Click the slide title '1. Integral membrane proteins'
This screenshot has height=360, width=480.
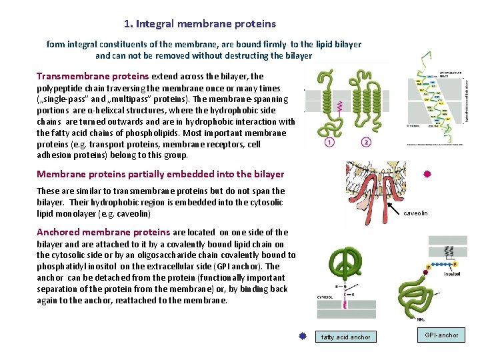point(199,24)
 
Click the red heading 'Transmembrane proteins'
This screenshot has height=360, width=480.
point(93,77)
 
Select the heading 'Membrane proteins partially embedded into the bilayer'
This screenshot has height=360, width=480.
point(160,174)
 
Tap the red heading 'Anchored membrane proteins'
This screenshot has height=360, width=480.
point(103,232)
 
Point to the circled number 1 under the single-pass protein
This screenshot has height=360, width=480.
point(329,142)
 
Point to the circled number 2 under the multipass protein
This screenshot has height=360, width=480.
point(366,142)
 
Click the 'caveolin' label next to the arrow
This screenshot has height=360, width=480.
point(416,213)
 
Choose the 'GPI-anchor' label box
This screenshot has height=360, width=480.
point(441,335)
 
